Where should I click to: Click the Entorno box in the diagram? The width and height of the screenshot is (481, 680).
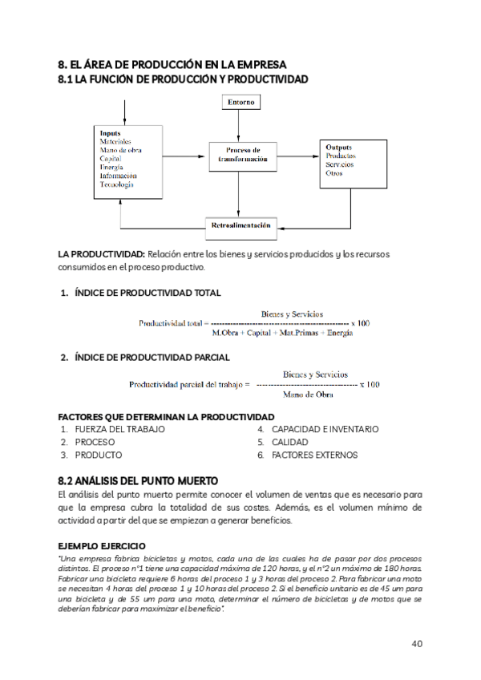click(240, 103)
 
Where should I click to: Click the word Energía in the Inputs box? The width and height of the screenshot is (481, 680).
click(111, 167)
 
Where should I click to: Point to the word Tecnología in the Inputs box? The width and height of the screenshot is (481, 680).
click(117, 184)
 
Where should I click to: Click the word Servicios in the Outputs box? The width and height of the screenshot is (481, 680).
click(340, 164)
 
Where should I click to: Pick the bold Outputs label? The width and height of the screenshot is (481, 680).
click(339, 148)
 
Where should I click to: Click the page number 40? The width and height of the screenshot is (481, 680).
click(417, 643)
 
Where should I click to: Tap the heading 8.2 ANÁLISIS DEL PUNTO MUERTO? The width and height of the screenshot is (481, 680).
click(138, 480)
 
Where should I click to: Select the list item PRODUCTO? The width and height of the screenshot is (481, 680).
click(99, 455)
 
